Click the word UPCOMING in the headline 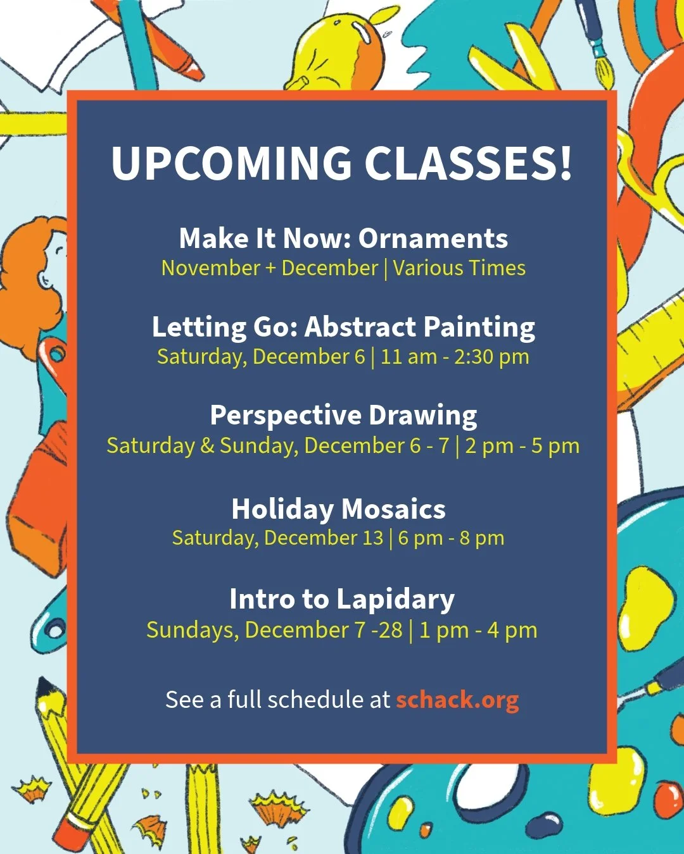(x=231, y=163)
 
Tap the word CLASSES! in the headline (x=469, y=163)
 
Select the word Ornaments (x=433, y=238)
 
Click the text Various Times (x=459, y=268)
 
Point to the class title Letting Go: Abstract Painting (x=343, y=327)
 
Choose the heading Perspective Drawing (x=343, y=416)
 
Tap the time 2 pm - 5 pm (x=522, y=446)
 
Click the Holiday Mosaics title (x=338, y=509)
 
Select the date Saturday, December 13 (x=277, y=538)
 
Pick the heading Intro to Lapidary (x=342, y=599)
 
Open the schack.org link (x=457, y=700)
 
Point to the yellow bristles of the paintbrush (x=605, y=76)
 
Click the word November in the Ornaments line (x=210, y=268)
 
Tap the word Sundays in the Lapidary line (x=192, y=630)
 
